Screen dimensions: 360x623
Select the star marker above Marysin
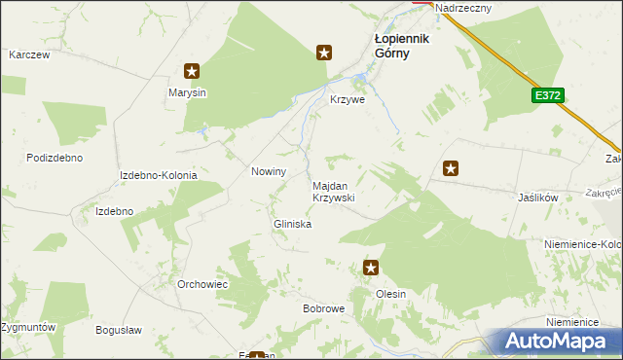tap(193, 70)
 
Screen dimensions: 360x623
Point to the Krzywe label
tap(348, 100)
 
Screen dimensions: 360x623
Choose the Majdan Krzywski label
tap(333, 191)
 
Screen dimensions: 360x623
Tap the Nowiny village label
tap(269, 171)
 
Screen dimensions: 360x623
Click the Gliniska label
tap(291, 224)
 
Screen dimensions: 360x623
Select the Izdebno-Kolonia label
tap(158, 175)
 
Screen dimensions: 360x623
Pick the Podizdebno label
tap(55, 158)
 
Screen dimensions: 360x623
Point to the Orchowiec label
tap(202, 284)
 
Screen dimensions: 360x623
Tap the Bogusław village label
tap(119, 330)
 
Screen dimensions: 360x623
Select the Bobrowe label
tap(323, 308)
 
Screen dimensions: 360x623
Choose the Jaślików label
tap(537, 197)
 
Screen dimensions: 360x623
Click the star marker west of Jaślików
tap(451, 168)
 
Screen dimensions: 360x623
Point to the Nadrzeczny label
tap(464, 8)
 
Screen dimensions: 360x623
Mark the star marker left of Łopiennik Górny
tap(325, 54)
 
